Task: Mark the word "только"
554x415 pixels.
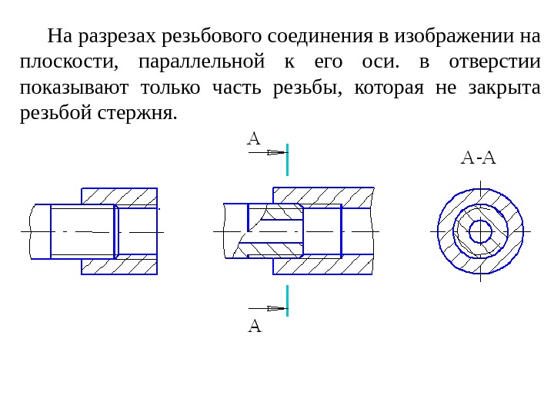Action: click(x=169, y=87)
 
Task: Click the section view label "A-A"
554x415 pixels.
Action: click(x=479, y=158)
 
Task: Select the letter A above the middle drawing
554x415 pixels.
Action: click(x=254, y=139)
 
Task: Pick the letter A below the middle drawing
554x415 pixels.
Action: click(x=255, y=326)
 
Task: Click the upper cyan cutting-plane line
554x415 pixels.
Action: click(x=287, y=159)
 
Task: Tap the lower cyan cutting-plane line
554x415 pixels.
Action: click(x=287, y=301)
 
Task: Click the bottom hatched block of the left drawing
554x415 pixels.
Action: click(x=119, y=265)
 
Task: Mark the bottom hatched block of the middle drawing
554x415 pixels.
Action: click(x=323, y=265)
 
